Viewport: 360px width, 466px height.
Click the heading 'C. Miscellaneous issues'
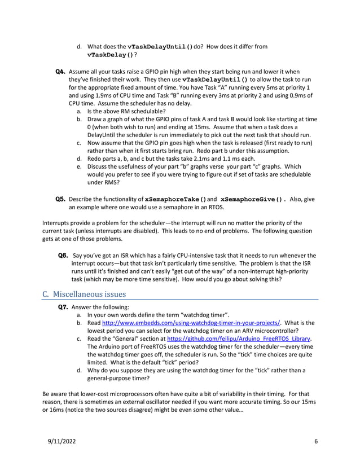84,294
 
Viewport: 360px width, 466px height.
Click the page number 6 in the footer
315,441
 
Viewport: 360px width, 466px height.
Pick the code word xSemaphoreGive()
253,199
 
